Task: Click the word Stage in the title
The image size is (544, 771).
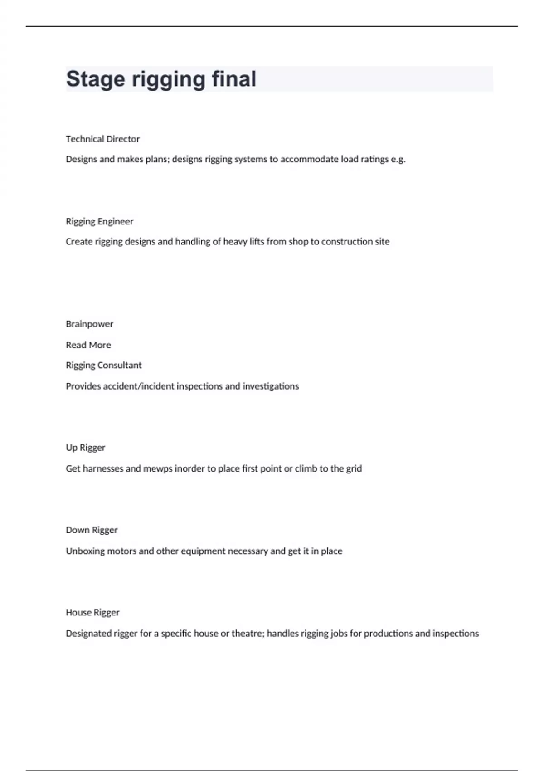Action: point(95,79)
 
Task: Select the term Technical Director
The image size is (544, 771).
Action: point(102,139)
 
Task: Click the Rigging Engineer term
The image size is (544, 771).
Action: point(99,221)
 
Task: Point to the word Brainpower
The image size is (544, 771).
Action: point(89,324)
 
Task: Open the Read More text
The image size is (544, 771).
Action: point(88,345)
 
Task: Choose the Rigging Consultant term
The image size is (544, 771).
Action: point(103,365)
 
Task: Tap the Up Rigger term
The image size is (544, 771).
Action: point(85,448)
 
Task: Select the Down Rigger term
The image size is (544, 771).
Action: point(92,530)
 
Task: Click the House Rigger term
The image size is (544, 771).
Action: point(92,612)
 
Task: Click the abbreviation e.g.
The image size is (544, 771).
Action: point(398,159)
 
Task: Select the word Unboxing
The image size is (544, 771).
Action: point(85,551)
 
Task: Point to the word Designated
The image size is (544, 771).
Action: point(88,633)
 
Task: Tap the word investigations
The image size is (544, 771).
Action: point(271,386)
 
